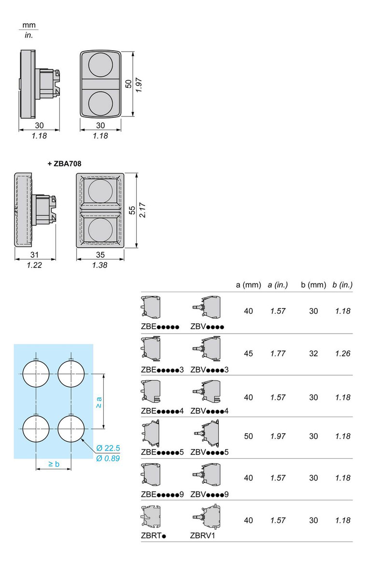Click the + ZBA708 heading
(x=64, y=164)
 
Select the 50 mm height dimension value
(x=128, y=84)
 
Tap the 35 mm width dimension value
(x=100, y=255)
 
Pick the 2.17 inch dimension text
(x=142, y=211)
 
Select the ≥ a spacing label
(x=99, y=402)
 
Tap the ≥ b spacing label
(x=54, y=464)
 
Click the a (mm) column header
(x=248, y=285)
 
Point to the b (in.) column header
(x=342, y=285)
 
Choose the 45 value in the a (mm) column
(x=248, y=353)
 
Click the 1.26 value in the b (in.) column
(x=342, y=353)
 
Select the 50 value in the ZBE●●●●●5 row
(x=248, y=436)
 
